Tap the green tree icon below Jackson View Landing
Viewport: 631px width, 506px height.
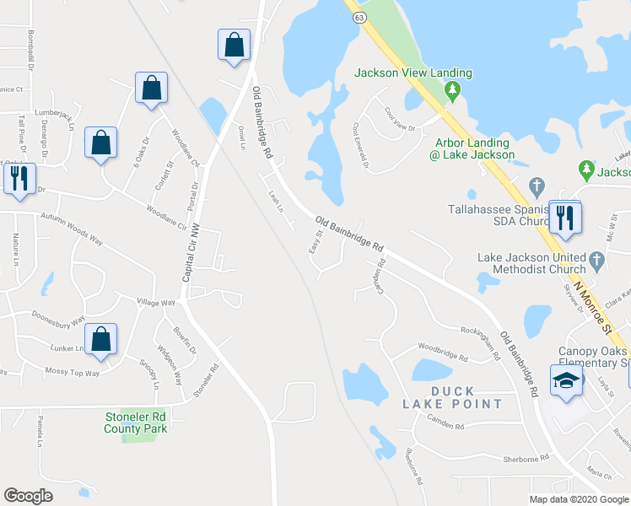pos(453,90)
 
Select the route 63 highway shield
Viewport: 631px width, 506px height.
pos(360,16)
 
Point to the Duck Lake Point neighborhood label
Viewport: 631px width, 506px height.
pos(465,397)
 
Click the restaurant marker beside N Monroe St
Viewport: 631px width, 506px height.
pos(565,218)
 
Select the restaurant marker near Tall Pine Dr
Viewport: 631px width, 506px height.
pos(17,178)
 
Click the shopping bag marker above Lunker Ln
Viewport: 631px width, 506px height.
pos(101,340)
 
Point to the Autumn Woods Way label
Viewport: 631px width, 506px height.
pos(73,229)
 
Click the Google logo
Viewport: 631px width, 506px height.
pos(28,496)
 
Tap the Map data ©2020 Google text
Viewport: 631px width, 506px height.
pos(577,498)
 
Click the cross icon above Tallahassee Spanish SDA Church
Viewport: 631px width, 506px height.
pos(536,185)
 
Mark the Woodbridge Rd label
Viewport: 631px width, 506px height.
pos(442,352)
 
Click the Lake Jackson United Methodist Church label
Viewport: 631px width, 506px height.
pos(532,263)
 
